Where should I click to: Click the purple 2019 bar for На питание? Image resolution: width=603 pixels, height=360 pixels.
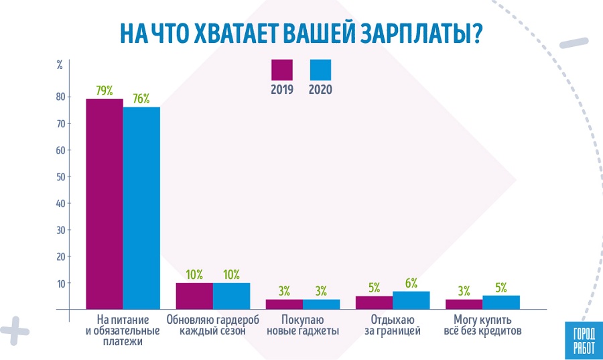click(104, 204)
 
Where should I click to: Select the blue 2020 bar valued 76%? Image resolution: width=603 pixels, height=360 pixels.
click(141, 208)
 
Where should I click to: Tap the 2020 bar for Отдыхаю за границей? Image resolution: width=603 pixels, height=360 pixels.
click(411, 300)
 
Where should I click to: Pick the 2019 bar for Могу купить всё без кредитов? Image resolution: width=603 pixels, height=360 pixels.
click(464, 304)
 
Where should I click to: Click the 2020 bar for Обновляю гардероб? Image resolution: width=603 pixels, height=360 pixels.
click(231, 296)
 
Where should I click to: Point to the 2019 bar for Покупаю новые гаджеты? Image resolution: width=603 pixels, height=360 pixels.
click(284, 304)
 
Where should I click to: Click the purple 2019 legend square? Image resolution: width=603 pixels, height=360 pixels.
click(282, 70)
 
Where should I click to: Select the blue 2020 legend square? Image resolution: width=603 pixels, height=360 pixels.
click(320, 70)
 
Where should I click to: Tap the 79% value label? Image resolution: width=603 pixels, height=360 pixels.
click(104, 91)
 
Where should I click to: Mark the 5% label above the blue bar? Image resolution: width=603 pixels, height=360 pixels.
click(501, 288)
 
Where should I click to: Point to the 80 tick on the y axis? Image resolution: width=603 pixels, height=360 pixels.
click(60, 97)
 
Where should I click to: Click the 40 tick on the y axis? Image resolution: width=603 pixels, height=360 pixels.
click(60, 204)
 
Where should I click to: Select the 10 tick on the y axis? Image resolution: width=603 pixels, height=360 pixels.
click(60, 284)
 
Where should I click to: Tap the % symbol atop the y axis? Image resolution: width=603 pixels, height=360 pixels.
click(60, 66)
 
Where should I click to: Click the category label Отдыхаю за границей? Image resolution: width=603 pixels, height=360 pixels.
click(392, 325)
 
